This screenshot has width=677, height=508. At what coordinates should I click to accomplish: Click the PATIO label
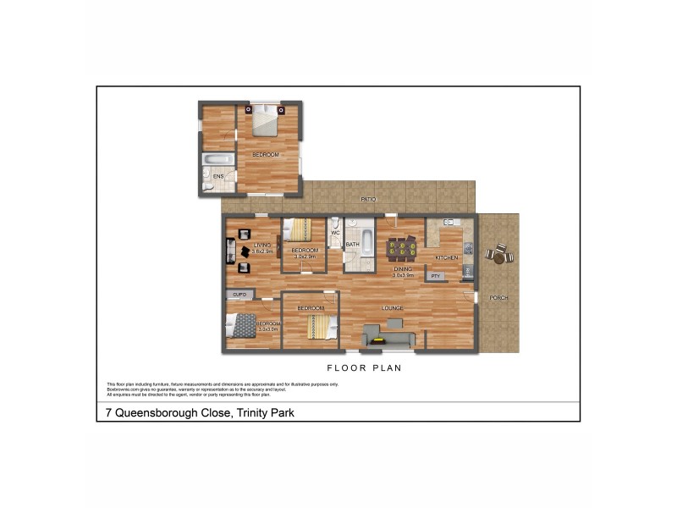pyautogui.click(x=368, y=200)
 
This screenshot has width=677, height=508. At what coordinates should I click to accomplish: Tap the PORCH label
pyautogui.click(x=499, y=297)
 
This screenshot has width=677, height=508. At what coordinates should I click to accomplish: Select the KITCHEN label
pyautogui.click(x=447, y=257)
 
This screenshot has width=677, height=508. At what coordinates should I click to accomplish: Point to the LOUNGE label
pyautogui.click(x=392, y=307)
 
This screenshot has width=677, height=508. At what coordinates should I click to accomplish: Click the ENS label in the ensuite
pyautogui.click(x=217, y=176)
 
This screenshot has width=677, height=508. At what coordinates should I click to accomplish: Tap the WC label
pyautogui.click(x=335, y=233)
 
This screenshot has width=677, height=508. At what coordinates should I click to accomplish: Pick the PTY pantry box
pyautogui.click(x=436, y=276)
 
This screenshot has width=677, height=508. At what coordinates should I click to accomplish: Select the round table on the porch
pyautogui.click(x=498, y=254)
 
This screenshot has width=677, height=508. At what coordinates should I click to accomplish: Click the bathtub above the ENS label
pyautogui.click(x=218, y=160)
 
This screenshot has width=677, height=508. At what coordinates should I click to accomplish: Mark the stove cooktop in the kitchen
pyautogui.click(x=467, y=270)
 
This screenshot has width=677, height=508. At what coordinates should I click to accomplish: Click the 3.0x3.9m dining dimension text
pyautogui.click(x=402, y=274)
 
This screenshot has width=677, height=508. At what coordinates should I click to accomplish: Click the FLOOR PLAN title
pyautogui.click(x=364, y=368)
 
